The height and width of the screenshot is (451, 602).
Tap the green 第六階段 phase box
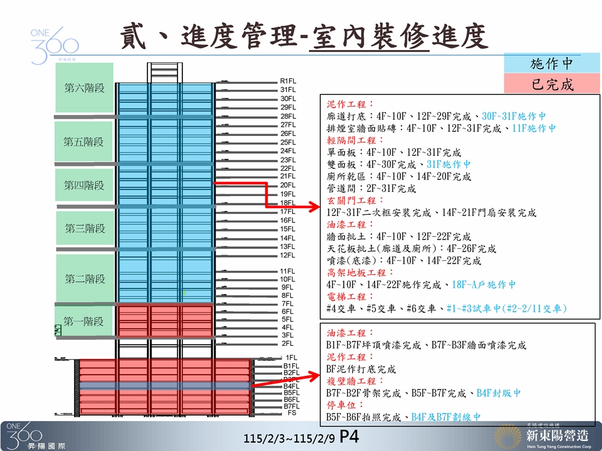coord(85,88)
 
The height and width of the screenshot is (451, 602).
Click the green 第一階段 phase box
coord(85,321)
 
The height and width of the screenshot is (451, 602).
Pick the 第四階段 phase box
coord(85,186)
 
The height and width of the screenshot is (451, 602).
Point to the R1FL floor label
coord(288,81)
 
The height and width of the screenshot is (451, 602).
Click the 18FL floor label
coord(288,203)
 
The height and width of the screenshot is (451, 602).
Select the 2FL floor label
coord(287,343)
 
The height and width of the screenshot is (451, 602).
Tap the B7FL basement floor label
coord(291,407)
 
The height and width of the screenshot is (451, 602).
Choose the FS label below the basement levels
coord(292,414)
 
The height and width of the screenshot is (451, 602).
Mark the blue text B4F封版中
coord(498,393)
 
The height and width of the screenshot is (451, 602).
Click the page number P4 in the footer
coord(350,437)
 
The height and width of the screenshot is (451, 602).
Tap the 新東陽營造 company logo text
coord(556,435)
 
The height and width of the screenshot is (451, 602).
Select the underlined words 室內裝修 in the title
coord(370,37)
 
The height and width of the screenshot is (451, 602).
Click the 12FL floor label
coord(288,256)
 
